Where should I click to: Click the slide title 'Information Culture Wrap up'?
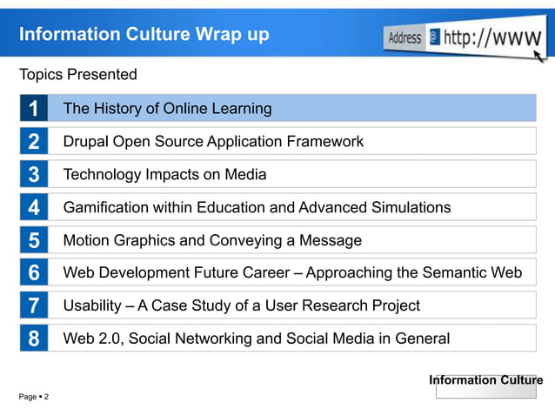pos(144,35)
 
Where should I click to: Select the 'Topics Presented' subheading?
pos(78,75)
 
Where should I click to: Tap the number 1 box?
pos(33,109)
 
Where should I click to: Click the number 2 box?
pos(33,142)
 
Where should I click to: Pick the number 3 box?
pos(33,175)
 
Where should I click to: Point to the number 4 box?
pos(33,208)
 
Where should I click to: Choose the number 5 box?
pos(33,240)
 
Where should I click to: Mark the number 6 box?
pos(33,273)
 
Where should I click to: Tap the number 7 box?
pos(33,306)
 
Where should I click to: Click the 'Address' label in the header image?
pos(405,38)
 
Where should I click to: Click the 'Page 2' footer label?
pos(34,397)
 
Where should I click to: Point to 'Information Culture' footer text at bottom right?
pos(485,380)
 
